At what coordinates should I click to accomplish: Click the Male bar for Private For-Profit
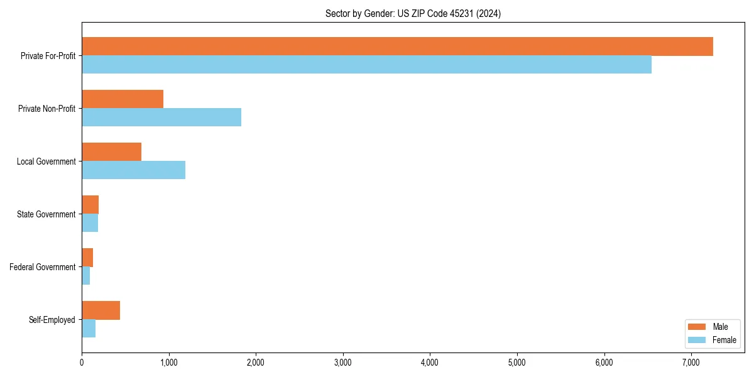397,46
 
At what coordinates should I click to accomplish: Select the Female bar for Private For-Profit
366,65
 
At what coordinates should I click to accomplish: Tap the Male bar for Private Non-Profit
123,99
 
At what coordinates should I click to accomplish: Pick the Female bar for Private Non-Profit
161,117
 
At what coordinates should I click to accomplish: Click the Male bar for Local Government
111,152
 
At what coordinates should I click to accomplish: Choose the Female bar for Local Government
133,170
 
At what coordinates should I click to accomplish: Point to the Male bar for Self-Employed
101,310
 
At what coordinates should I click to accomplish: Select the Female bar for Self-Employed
89,329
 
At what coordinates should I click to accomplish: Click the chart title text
413,13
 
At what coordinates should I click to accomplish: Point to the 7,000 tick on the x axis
691,363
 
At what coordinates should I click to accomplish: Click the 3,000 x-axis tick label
342,363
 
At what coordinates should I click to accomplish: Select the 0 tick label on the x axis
82,363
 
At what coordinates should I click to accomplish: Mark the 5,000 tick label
516,363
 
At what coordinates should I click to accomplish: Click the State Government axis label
46,214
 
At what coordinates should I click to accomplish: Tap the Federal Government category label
42,267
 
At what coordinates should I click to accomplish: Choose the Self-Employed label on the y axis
52,320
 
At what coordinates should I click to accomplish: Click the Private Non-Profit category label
46,109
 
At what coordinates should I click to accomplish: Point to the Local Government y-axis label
46,161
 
